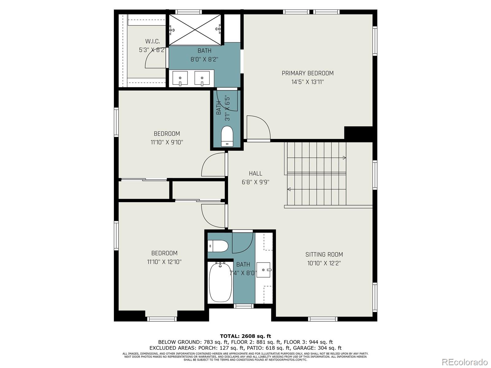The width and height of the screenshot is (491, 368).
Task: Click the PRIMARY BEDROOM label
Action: coord(307,73)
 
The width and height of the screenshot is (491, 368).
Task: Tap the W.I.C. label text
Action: coord(153,41)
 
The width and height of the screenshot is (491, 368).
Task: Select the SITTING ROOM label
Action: coord(324,254)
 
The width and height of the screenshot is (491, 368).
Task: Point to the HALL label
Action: coord(255,173)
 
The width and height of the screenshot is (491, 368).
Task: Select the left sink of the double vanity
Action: coord(180,78)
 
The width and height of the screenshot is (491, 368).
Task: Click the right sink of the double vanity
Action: coord(202,78)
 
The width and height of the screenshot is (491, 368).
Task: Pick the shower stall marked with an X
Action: coord(195,29)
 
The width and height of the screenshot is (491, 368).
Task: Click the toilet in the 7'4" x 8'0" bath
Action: coord(218,245)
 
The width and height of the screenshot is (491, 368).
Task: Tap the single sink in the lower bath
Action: coord(264,270)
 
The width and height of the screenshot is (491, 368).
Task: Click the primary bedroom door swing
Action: coord(258,127)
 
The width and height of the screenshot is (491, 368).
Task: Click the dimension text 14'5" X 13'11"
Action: coord(307,82)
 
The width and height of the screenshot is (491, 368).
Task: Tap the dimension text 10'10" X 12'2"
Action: coord(324,263)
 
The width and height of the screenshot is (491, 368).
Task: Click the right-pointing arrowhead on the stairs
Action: coord(344,158)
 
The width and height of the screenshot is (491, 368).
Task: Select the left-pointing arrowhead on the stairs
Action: coord(289,190)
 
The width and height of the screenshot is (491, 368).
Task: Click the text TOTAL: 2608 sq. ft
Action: coord(245,336)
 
